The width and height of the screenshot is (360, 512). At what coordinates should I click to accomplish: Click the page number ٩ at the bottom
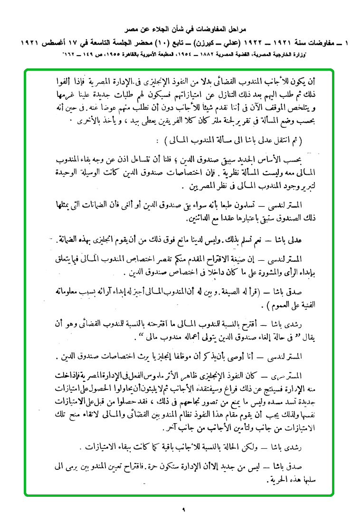coord(183,509)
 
